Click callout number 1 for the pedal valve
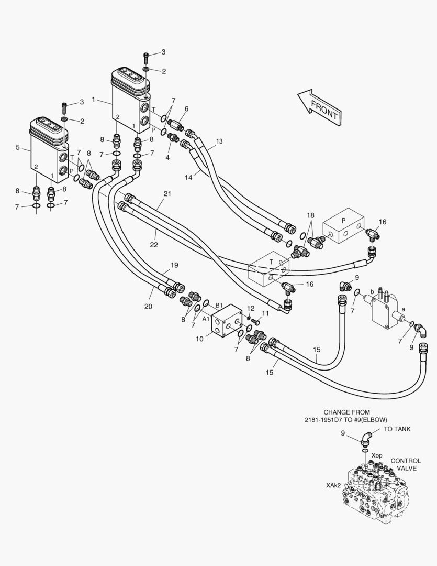pyautogui.click(x=93, y=99)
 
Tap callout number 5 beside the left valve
pyautogui.click(x=17, y=148)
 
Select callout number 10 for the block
pyautogui.click(x=199, y=339)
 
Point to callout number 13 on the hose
pyautogui.click(x=219, y=141)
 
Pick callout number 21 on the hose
pyautogui.click(x=167, y=194)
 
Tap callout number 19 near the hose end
pyautogui.click(x=175, y=265)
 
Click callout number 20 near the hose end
pyautogui.click(x=148, y=307)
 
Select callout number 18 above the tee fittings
pyautogui.click(x=311, y=215)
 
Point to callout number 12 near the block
pyautogui.click(x=251, y=308)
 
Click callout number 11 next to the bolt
pyautogui.click(x=265, y=313)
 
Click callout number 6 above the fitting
pyautogui.click(x=186, y=108)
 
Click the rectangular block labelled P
pyautogui.click(x=343, y=226)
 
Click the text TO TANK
pyautogui.click(x=397, y=429)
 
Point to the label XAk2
pyautogui.click(x=333, y=485)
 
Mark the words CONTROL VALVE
pyautogui.click(x=406, y=464)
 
